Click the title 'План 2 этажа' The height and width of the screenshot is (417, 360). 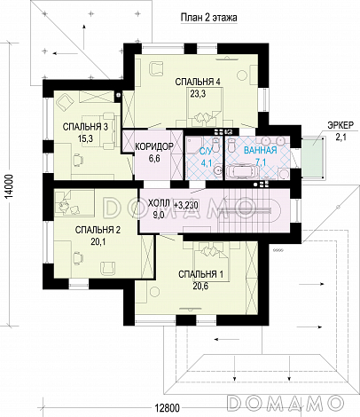click(208, 18)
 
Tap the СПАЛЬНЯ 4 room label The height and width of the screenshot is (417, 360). click(198, 82)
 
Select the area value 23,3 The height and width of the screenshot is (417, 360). click(198, 94)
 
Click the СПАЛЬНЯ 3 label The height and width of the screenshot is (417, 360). click(85, 127)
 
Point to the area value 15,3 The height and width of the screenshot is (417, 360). click(85, 138)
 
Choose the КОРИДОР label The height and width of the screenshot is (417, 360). click(153, 146)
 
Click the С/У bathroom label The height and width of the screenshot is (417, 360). click(206, 152)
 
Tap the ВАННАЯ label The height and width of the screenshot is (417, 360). click(261, 150)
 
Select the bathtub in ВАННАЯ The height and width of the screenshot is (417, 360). click(242, 171)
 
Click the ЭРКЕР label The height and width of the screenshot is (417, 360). click(340, 125)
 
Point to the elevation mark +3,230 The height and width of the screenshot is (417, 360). click(186, 204)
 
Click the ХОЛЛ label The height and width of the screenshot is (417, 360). click(159, 203)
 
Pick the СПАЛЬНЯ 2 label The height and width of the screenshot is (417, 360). click(98, 230)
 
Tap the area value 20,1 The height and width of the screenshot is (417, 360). click(98, 242)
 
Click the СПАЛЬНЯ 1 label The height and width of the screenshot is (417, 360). click(200, 274)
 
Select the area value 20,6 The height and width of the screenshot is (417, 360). click(200, 286)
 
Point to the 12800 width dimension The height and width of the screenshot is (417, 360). click(167, 408)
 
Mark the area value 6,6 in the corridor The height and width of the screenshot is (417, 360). click(154, 159)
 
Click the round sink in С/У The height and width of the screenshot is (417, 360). click(218, 170)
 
